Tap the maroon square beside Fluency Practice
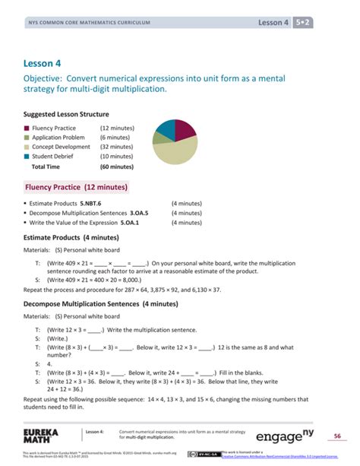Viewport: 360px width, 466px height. click(x=27, y=129)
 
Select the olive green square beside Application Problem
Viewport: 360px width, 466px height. click(x=27, y=138)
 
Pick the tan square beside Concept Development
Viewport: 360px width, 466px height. click(x=27, y=147)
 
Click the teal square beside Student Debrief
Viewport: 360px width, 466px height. click(x=27, y=157)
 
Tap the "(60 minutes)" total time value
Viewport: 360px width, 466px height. click(x=116, y=166)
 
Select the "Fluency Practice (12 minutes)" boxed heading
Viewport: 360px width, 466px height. click(x=76, y=187)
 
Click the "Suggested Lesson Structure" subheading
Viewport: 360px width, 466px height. click(x=66, y=114)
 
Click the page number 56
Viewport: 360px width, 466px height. click(x=337, y=436)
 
